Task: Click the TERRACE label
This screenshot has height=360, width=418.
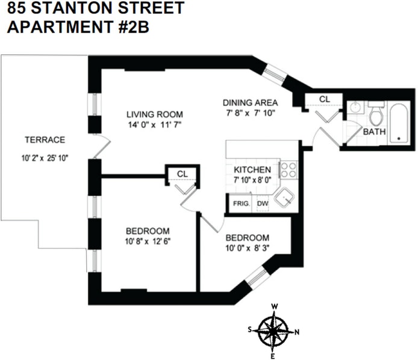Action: (45, 140)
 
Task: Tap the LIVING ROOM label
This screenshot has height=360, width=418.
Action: (154, 114)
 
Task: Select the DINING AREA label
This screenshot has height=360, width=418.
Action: (250, 102)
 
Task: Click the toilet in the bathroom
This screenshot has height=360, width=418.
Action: (376, 113)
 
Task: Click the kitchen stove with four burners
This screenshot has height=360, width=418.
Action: (289, 169)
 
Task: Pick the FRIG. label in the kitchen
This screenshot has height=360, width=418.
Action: (242, 203)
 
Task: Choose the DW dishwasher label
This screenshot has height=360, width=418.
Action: (263, 203)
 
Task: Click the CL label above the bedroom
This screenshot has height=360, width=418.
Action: (182, 173)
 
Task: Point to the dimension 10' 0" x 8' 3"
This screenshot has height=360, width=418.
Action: (247, 248)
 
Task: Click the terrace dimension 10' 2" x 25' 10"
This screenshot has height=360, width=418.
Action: (45, 161)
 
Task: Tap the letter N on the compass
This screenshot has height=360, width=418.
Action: (298, 332)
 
